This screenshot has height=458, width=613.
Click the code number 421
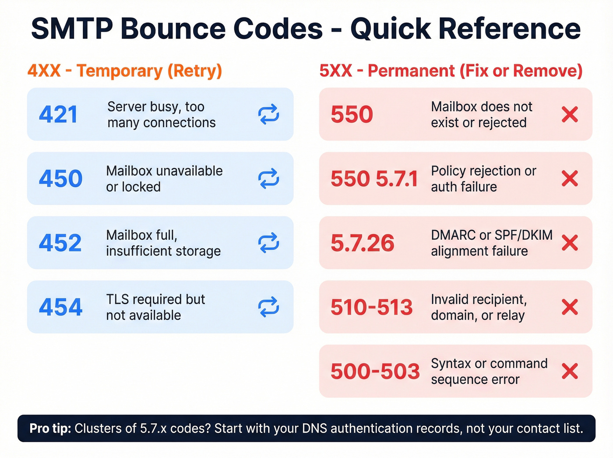pos(58,115)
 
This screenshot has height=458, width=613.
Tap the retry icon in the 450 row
pos(268,178)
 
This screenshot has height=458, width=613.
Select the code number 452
pos(60,243)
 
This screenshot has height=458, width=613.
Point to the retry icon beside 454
pos(268,307)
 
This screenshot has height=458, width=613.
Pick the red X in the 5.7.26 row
pos(570,243)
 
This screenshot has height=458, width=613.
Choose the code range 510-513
pos(372,307)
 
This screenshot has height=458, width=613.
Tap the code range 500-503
pos(375,372)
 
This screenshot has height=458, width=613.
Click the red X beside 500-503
pos(570,371)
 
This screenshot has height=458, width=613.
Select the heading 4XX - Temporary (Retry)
pos(125,71)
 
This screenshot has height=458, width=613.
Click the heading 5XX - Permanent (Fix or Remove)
pos(451,71)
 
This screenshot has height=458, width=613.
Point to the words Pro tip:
pos(50,429)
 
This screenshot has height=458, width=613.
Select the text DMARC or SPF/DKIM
pos(491,235)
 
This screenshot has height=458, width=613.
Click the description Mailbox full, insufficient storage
pos(163,243)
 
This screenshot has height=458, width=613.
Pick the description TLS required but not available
pos(155,307)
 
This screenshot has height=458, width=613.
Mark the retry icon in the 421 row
pos(268,114)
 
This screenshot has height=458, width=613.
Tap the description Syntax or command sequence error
pos(489,372)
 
